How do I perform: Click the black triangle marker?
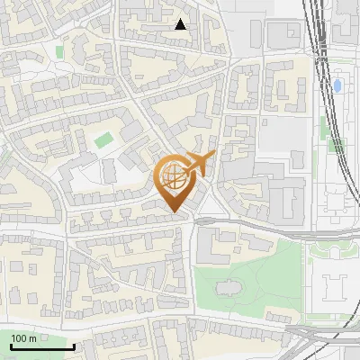(x=181, y=24)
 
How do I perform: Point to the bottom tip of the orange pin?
(x=175, y=213)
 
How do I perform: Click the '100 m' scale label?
(x=22, y=338)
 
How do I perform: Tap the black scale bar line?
(x=41, y=346)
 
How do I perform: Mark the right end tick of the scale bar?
(x=74, y=345)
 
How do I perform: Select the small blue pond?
(x=337, y=86)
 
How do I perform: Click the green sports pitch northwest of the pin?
(x=104, y=140)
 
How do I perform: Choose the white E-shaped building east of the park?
(x=334, y=287)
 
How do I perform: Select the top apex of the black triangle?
(x=181, y=19)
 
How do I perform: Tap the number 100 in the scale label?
(x=18, y=338)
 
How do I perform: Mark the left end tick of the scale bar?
(x=10, y=345)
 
